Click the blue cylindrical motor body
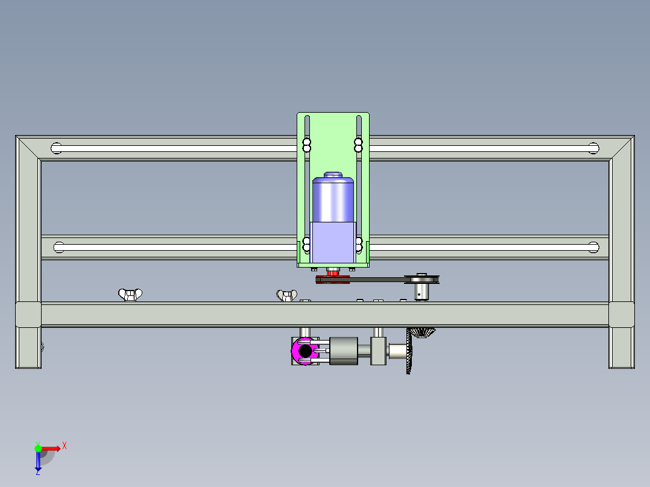pos(332,199)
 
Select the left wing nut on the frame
pos(129,295)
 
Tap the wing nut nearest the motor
pos(287,295)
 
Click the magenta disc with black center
pos(305,351)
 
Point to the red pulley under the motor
pos(332,273)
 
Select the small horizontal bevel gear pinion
pos(424,333)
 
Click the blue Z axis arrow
pos(38,462)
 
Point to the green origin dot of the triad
pos(38,448)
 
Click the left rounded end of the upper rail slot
pos(57,148)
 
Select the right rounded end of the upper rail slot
pos(593,148)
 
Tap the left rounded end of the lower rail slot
pos(59,247)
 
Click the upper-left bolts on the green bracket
pos(306,145)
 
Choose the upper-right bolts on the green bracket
pos(359,145)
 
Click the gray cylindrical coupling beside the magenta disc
pos(343,351)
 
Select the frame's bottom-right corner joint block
pos(621,314)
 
